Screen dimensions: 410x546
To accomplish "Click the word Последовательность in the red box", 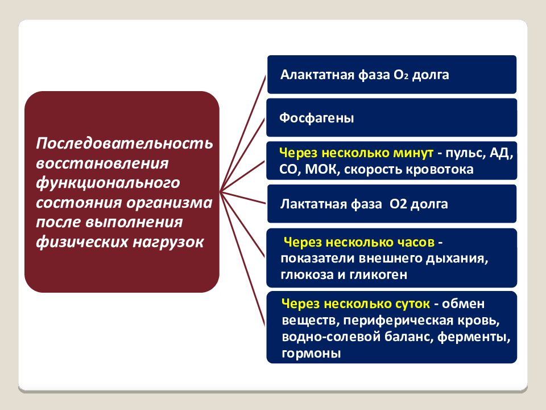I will [125, 143].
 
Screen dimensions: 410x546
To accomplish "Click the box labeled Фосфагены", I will [391, 118].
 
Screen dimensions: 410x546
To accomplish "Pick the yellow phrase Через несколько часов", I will [359, 243].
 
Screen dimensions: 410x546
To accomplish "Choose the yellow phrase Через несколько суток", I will [356, 304].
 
